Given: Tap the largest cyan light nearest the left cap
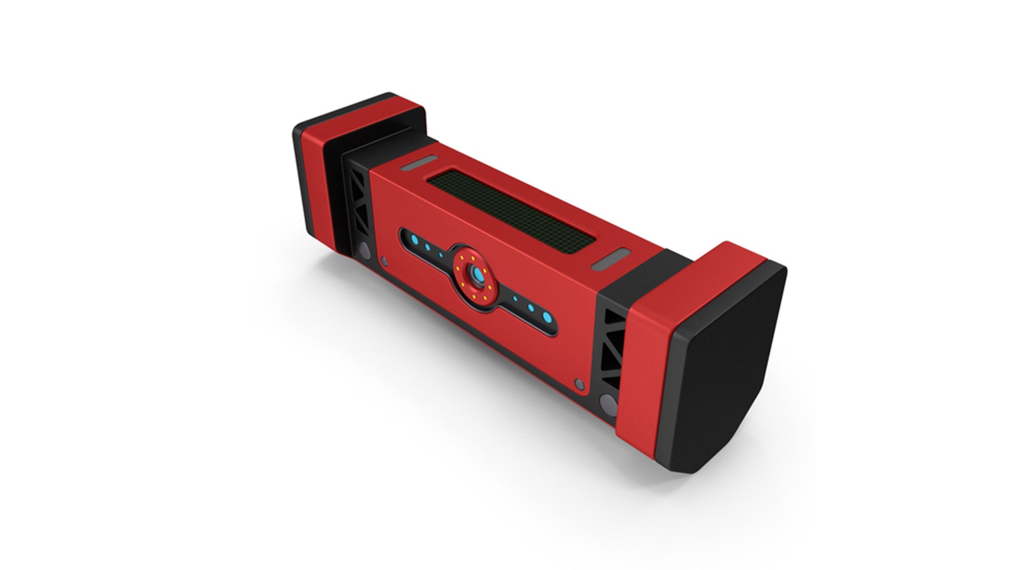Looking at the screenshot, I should [x=415, y=241].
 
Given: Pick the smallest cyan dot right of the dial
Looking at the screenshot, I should [x=515, y=298].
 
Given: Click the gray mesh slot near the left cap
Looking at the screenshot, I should [x=419, y=164].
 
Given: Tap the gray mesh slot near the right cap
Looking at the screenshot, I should [x=610, y=260].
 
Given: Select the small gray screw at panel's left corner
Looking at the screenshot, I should [x=384, y=261].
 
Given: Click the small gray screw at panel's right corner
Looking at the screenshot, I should [x=580, y=384].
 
